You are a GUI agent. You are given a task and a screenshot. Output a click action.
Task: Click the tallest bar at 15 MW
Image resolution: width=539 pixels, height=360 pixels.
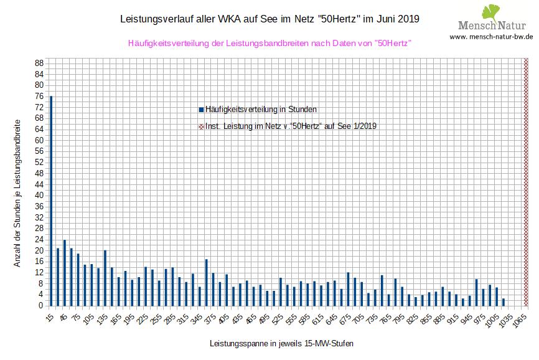pos(51,201)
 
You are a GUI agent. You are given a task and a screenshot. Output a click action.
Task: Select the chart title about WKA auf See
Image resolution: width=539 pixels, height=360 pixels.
pos(269,19)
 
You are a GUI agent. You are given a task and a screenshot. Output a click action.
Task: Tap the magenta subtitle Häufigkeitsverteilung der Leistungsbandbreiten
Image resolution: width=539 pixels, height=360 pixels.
pos(269,43)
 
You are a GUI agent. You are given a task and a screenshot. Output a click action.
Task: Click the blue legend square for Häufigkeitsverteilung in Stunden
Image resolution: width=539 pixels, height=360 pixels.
pos(201,110)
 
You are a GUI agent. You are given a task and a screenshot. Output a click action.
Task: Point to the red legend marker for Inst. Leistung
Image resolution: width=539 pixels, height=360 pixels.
pos(201,126)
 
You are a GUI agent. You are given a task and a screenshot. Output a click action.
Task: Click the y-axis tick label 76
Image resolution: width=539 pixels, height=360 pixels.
pos(39,96)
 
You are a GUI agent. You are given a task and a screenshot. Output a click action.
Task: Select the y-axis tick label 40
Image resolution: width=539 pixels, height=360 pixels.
pos(39,195)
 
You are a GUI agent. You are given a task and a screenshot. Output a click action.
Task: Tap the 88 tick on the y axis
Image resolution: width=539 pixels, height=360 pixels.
pos(39,63)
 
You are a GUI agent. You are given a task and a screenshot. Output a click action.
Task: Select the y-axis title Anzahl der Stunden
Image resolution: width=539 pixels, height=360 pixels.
pos(17,193)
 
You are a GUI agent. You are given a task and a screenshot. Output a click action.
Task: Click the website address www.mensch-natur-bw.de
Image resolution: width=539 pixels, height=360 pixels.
pos(491,37)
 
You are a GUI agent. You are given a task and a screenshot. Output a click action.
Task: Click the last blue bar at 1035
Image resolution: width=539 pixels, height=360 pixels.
pos(504,302)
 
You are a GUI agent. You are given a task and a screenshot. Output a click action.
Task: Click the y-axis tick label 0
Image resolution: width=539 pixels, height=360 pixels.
pos(40,305)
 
